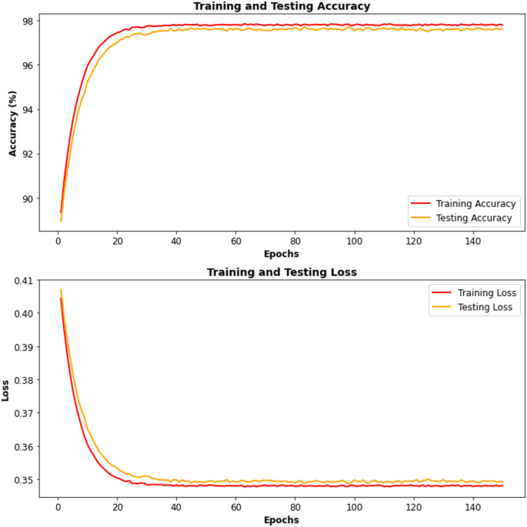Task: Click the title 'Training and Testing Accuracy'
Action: click(x=281, y=6)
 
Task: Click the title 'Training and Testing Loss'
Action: click(x=281, y=272)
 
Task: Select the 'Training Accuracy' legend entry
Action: click(x=475, y=204)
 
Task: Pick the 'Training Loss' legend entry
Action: click(x=487, y=292)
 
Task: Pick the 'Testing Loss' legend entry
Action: click(x=485, y=307)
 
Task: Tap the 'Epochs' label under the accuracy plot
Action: click(x=281, y=254)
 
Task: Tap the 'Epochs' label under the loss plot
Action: click(x=281, y=520)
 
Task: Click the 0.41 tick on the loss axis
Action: click(x=22, y=280)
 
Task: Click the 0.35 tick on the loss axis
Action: click(x=22, y=479)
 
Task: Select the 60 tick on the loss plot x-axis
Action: click(x=235, y=506)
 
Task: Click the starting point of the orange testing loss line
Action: click(x=61, y=290)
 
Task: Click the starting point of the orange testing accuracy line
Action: click(x=61, y=221)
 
